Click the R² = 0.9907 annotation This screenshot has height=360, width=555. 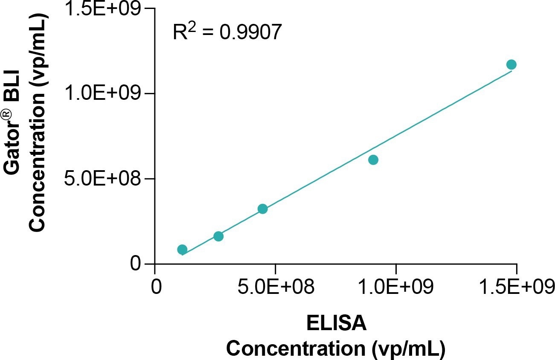tap(227, 32)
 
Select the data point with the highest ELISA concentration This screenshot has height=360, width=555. tap(511, 64)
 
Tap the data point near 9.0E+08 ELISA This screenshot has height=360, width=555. tap(373, 160)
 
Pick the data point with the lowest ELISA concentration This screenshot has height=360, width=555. tap(182, 250)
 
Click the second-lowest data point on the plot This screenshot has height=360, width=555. tap(218, 236)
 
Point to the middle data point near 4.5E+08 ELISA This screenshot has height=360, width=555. tap(263, 209)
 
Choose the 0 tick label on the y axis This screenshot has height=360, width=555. tap(136, 264)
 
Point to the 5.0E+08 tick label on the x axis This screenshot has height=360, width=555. tap(275, 287)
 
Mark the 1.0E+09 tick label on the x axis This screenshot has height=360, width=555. tap(396, 287)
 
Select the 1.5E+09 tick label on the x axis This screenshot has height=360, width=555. tap(517, 287)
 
